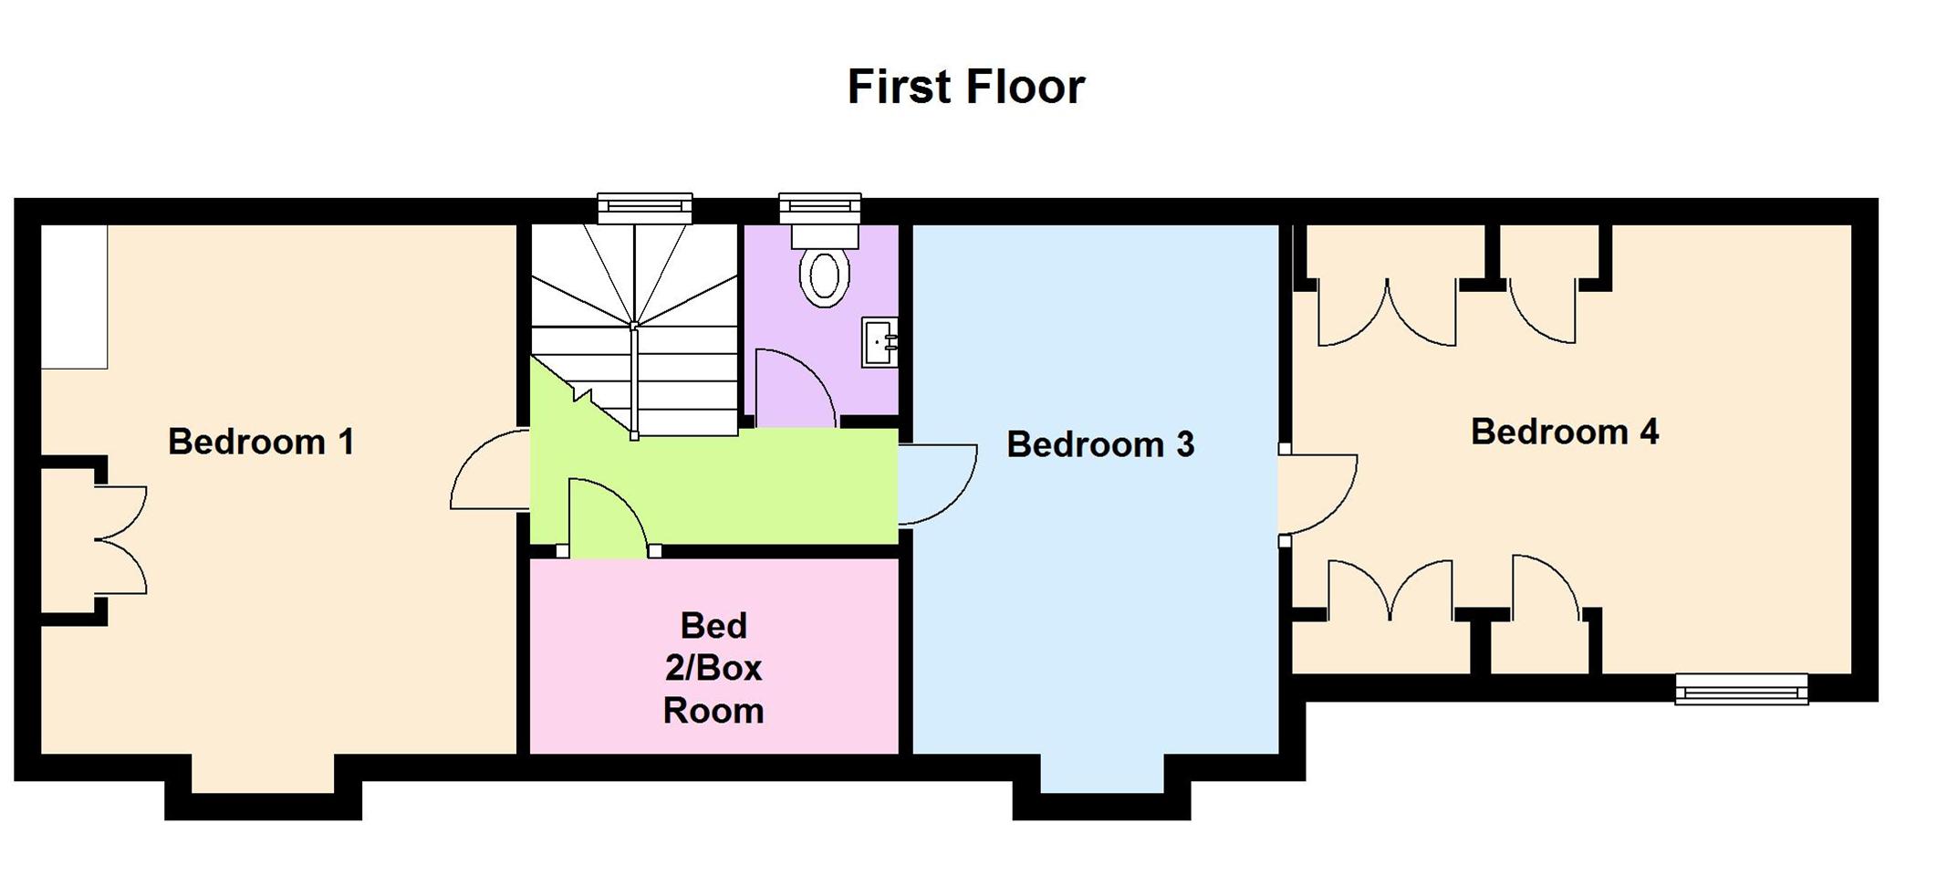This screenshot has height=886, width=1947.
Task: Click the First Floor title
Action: click(x=965, y=88)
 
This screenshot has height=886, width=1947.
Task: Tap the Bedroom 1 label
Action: click(x=261, y=443)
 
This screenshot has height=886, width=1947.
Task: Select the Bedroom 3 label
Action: click(x=1099, y=445)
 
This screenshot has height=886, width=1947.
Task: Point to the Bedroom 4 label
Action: click(x=1564, y=433)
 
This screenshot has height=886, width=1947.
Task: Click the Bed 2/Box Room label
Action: click(x=713, y=669)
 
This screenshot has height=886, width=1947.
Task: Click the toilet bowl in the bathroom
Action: click(x=824, y=276)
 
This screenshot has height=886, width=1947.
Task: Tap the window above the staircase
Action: click(x=644, y=208)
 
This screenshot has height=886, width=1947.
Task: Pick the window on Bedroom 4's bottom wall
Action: click(x=1741, y=690)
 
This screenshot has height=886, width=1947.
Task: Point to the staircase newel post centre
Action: click(x=634, y=326)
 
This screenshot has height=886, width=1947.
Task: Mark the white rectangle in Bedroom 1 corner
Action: click(x=75, y=297)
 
